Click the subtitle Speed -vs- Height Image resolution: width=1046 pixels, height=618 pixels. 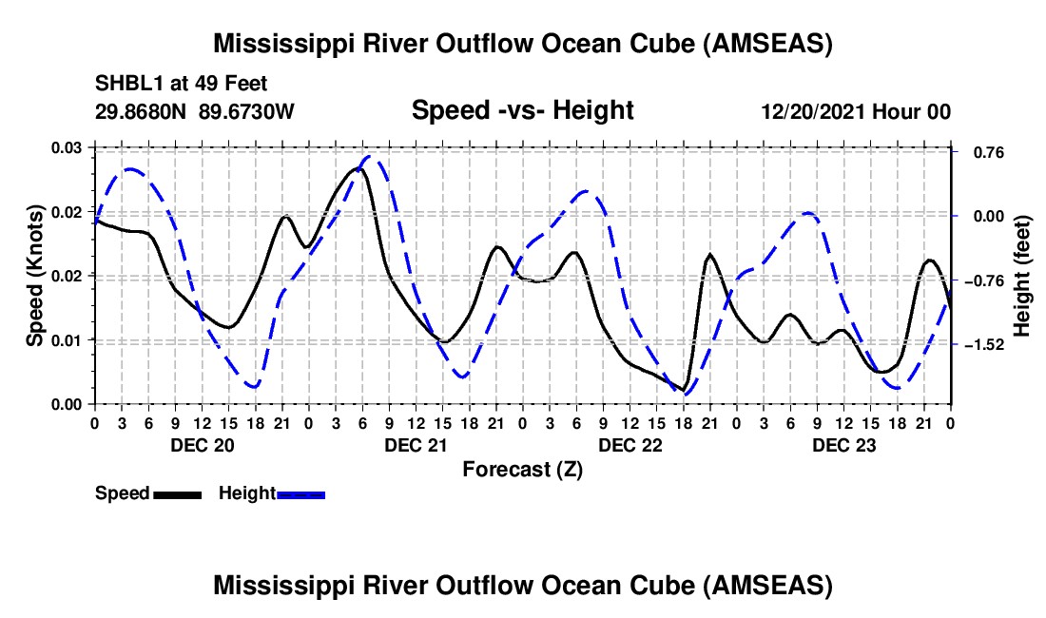522,111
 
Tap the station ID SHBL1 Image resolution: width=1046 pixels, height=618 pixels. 124,83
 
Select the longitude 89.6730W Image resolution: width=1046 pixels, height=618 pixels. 247,111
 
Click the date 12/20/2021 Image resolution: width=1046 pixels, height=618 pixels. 814,111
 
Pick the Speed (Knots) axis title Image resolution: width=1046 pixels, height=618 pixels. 35,276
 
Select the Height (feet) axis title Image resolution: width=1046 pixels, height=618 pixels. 1022,276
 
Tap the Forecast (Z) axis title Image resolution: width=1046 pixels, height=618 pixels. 522,469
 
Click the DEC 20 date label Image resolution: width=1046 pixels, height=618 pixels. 202,445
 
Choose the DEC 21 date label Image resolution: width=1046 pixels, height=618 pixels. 416,445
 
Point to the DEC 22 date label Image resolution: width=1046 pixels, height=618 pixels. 630,445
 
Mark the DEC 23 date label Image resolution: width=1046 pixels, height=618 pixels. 843,445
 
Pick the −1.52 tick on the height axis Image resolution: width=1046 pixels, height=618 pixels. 979,344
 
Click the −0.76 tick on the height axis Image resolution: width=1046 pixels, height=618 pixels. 979,280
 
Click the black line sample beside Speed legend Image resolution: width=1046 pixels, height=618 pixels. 177,494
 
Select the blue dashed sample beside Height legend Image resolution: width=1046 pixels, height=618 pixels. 301,494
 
